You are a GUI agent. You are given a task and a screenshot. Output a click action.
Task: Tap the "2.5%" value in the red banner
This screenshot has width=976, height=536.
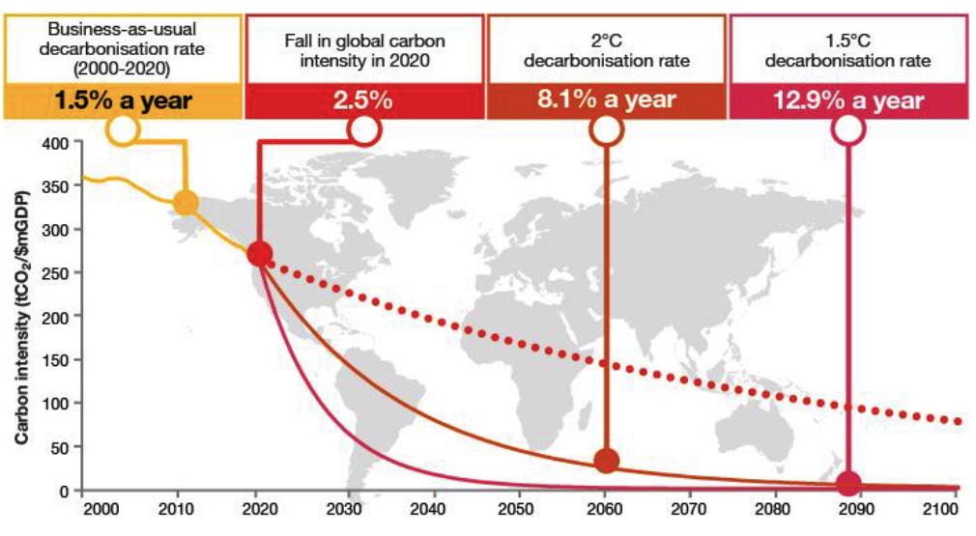363,100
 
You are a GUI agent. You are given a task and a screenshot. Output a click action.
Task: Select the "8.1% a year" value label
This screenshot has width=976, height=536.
606,100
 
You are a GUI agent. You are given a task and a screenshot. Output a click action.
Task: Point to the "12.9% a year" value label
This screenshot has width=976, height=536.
847,100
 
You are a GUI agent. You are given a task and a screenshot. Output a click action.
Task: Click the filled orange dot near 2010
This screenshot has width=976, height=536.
186,203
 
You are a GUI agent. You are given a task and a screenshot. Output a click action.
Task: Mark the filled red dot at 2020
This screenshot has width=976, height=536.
259,254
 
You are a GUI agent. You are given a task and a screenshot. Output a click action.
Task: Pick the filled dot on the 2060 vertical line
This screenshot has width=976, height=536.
607,461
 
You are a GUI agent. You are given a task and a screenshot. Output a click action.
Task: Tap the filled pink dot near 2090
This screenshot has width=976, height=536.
848,483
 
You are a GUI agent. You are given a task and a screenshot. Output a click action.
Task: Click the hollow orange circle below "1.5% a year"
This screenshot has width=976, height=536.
124,130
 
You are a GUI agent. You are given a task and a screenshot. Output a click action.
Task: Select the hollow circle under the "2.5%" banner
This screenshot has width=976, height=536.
363,130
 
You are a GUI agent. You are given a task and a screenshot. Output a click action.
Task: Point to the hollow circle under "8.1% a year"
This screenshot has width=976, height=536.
607,130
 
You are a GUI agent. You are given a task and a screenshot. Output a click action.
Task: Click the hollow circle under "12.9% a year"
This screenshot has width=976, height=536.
848,130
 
